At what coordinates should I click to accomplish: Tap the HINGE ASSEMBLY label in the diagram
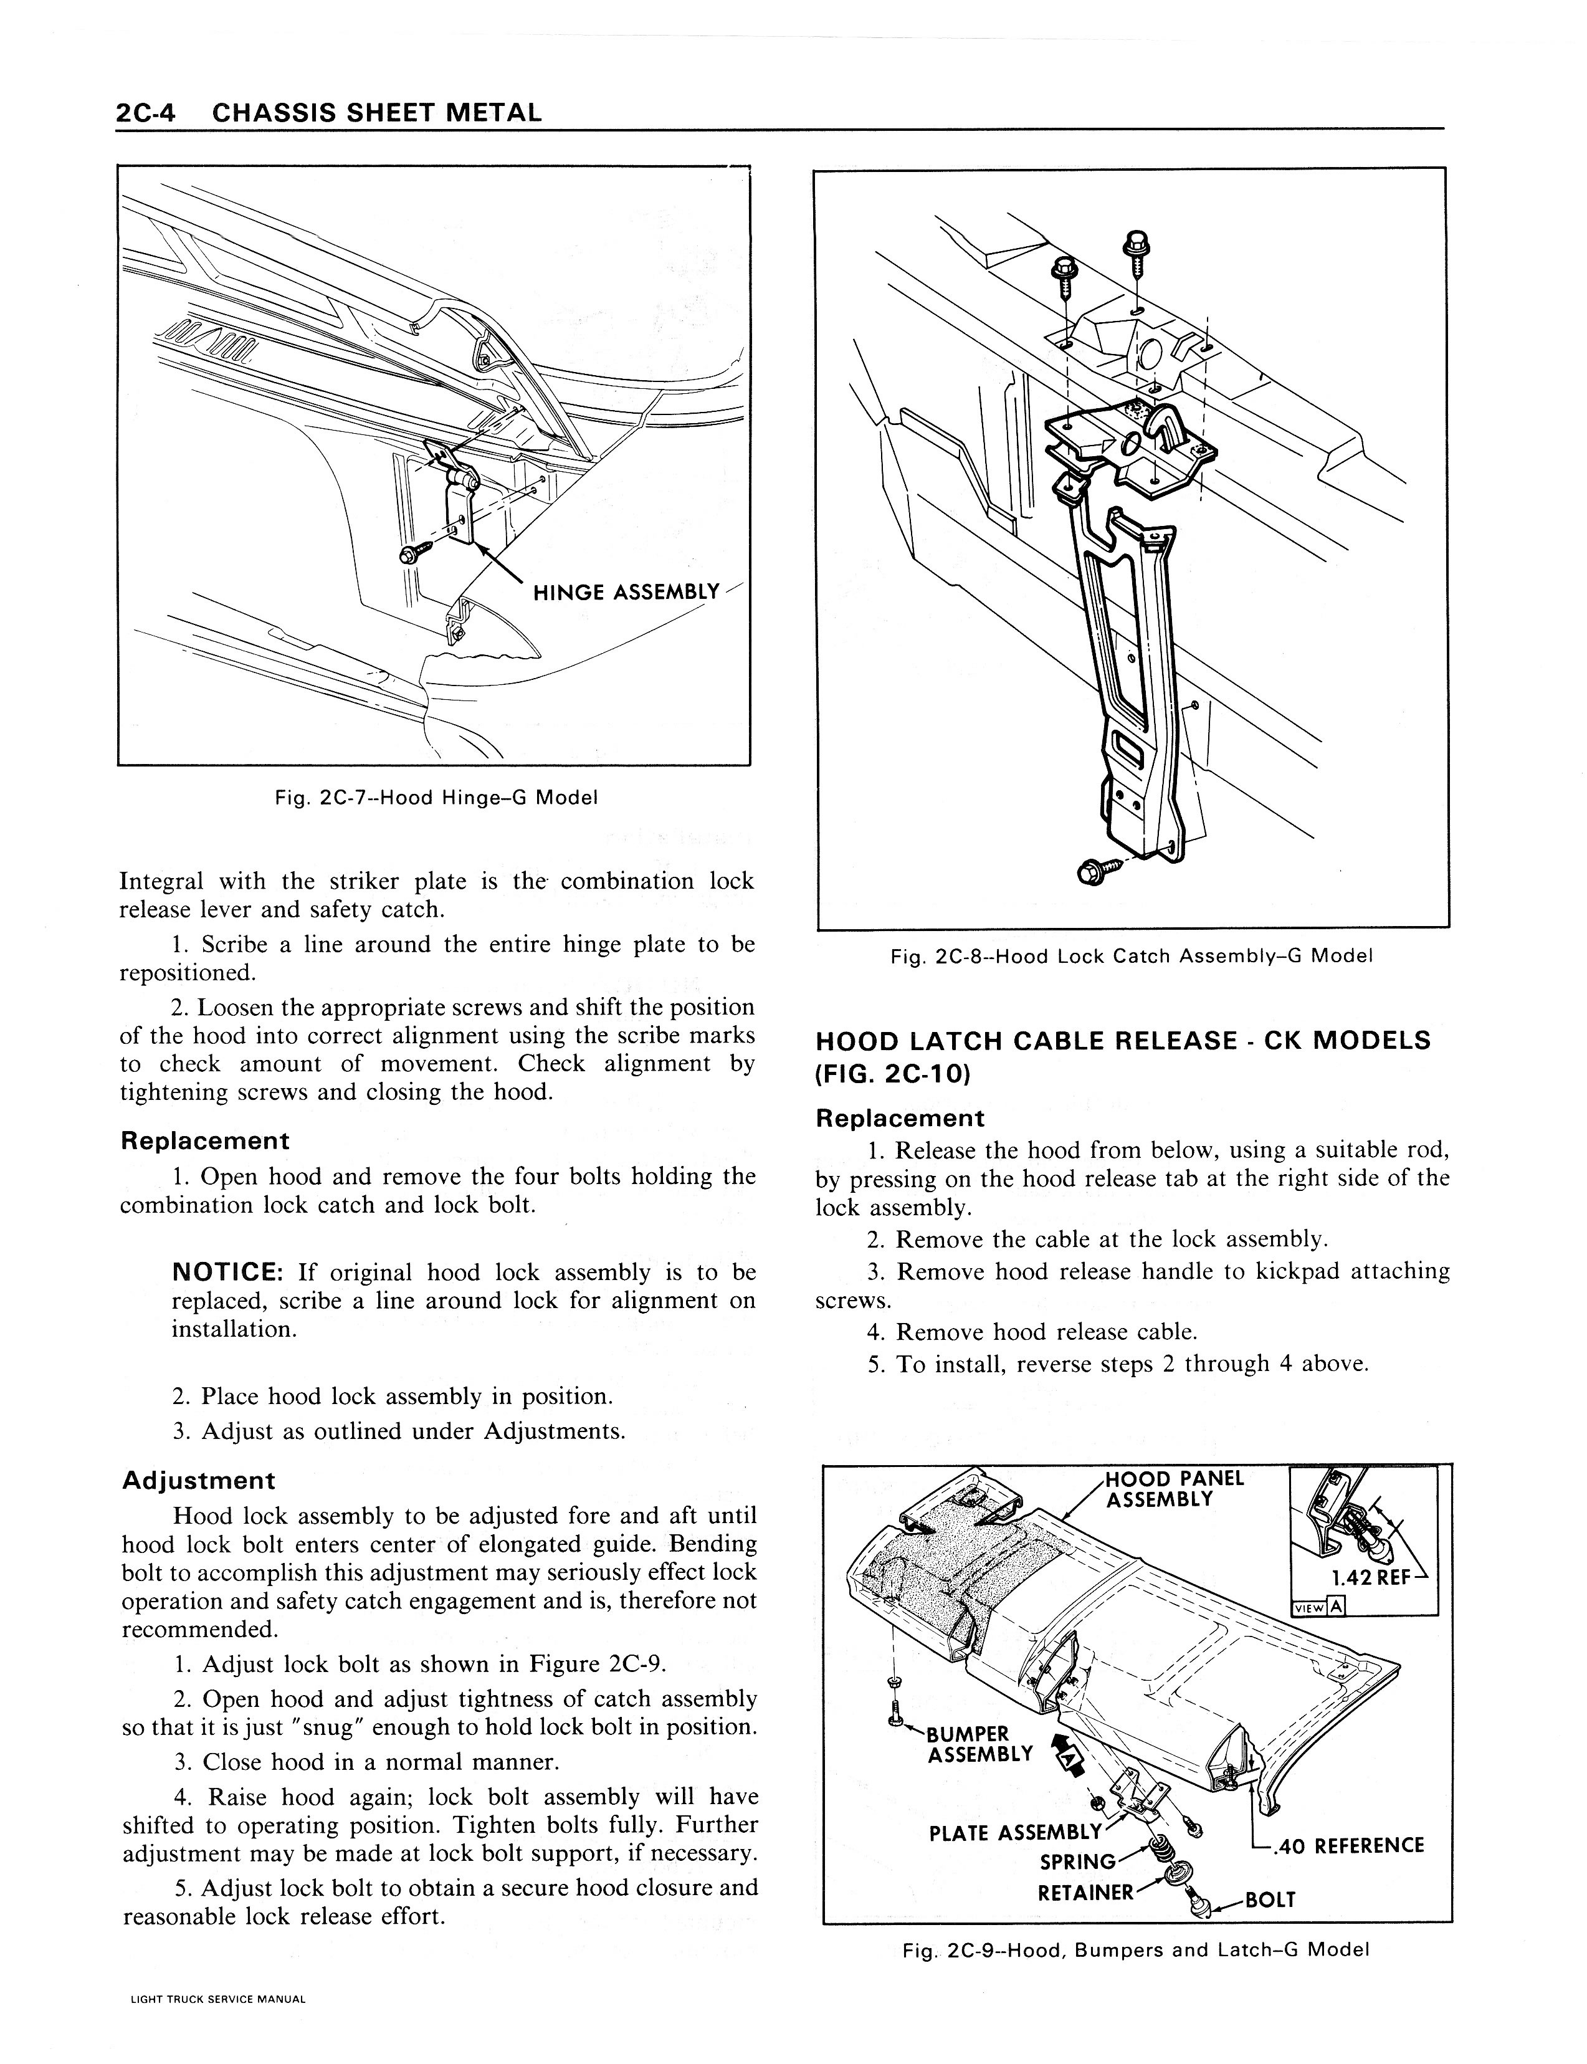(x=626, y=592)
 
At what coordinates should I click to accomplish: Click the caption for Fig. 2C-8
(x=1132, y=956)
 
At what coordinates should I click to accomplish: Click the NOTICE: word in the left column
(x=229, y=1273)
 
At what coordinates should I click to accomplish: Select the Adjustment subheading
(x=198, y=1480)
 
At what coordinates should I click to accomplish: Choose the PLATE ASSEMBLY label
(x=1014, y=1833)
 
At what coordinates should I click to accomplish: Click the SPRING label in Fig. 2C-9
(x=1077, y=1862)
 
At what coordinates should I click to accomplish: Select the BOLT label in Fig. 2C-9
(x=1270, y=1899)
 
